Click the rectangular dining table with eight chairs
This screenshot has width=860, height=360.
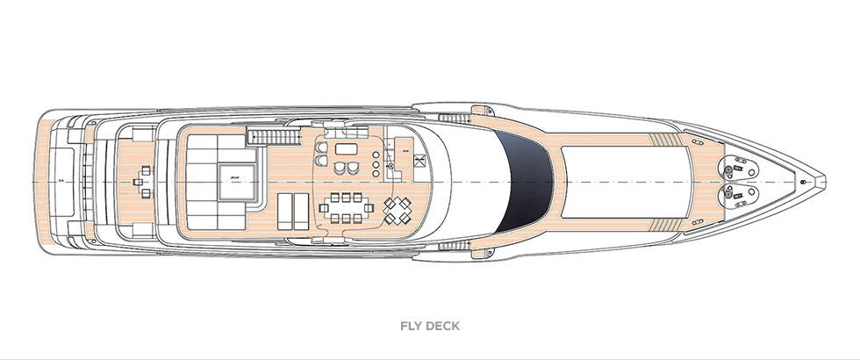[348, 210]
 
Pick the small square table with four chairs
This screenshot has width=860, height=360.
[397, 209]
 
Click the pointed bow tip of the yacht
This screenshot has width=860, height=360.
[821, 180]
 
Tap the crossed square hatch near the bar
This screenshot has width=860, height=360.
[420, 161]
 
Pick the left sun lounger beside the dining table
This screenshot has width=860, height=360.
[286, 212]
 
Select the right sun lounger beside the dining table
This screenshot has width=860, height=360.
[305, 212]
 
